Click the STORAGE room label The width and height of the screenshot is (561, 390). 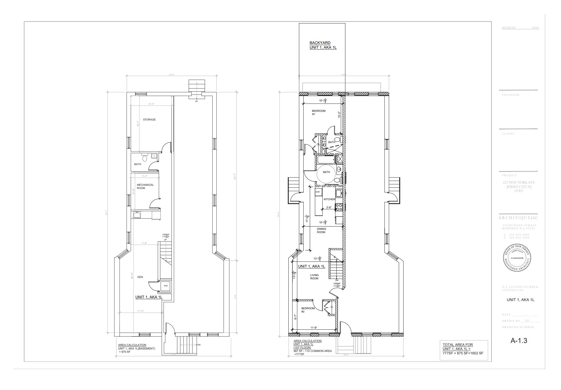pyautogui.click(x=149, y=120)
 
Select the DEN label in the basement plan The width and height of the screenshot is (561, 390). pyautogui.click(x=140, y=277)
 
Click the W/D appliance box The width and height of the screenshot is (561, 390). pyautogui.click(x=166, y=286)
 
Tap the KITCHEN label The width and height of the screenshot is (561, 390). pyautogui.click(x=329, y=199)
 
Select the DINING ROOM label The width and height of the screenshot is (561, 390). pyautogui.click(x=321, y=231)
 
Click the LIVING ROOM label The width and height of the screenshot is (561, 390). pyautogui.click(x=314, y=277)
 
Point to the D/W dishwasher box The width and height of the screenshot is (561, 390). pyautogui.click(x=318, y=192)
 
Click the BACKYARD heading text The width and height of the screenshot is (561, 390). pyautogui.click(x=320, y=43)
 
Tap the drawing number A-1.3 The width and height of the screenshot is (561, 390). pyautogui.click(x=519, y=341)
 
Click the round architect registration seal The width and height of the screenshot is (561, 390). pyautogui.click(x=516, y=258)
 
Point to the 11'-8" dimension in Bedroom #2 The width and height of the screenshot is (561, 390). pyautogui.click(x=314, y=328)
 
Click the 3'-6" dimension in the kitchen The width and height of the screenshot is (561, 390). pyautogui.click(x=329, y=208)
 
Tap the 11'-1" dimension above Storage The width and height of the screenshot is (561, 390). pyautogui.click(x=151, y=104)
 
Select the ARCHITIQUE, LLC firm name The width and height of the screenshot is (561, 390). pyautogui.click(x=518, y=218)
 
